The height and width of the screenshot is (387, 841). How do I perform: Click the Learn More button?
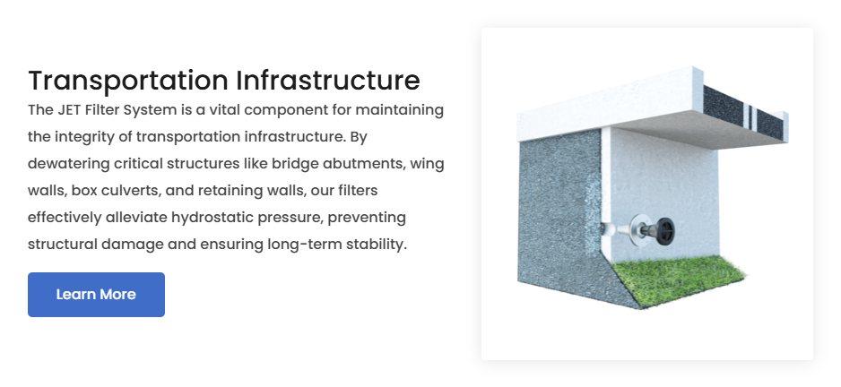[x=96, y=294]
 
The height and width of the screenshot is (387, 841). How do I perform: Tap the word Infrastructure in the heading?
[x=328, y=80]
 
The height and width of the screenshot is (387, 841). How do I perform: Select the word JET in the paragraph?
[x=69, y=110]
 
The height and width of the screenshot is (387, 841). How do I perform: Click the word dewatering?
[x=69, y=164]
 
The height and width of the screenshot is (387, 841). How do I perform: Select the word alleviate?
[x=136, y=218]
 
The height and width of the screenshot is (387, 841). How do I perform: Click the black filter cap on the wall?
[x=664, y=231]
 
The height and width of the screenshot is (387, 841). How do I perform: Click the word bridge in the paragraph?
[x=295, y=164]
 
